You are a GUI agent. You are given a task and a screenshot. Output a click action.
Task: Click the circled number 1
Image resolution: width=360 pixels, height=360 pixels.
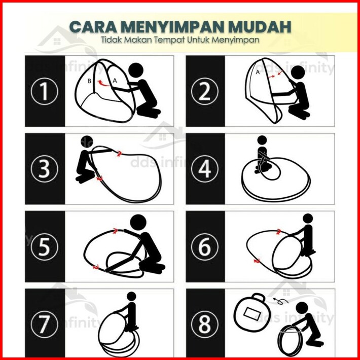click(44, 91)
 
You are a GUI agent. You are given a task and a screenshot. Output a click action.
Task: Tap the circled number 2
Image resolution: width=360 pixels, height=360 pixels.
click(204, 91)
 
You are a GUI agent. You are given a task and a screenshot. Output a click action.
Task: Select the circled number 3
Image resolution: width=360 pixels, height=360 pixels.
click(44, 169)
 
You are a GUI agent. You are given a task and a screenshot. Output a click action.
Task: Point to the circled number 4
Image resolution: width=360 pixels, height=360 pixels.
click(204, 169)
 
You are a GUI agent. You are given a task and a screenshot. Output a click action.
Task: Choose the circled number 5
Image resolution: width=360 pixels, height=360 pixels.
click(44, 247)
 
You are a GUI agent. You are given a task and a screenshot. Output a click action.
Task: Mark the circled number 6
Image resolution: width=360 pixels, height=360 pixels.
click(204, 247)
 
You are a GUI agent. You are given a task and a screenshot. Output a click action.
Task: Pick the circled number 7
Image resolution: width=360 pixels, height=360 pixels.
click(44, 324)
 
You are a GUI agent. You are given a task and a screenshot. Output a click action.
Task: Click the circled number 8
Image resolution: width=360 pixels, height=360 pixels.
click(204, 324)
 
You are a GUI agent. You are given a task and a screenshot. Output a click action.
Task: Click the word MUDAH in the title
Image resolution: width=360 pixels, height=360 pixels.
click(260, 27)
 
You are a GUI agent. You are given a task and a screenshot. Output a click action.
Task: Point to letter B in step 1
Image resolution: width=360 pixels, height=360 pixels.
click(90, 81)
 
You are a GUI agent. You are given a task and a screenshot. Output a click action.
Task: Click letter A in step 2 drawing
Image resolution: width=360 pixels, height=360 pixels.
click(258, 73)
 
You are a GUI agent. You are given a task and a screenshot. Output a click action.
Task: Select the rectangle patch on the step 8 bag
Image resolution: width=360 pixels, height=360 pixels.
click(252, 314)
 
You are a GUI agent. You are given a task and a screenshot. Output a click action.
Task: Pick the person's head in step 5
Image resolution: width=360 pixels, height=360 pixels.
click(138, 223)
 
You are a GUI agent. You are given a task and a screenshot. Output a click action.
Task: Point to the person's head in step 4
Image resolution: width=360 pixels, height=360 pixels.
click(262, 140)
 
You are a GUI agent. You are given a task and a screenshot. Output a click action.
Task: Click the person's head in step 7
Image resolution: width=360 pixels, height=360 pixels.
click(131, 296)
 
